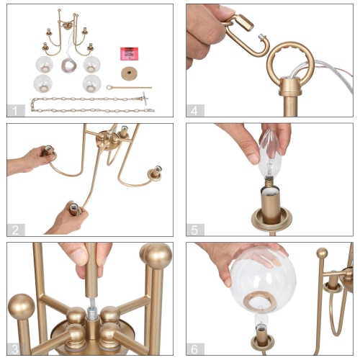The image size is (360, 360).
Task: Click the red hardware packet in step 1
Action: coord(130,54)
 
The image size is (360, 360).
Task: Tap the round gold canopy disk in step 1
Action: coord(130,73)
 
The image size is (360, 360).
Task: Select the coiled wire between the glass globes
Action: coord(68,64)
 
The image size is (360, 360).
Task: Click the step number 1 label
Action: coord(15,110)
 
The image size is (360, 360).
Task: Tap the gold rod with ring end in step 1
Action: coord(130,89)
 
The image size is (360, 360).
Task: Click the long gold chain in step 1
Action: coord(90,106)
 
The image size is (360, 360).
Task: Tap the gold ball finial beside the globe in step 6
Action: coord(322,253)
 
